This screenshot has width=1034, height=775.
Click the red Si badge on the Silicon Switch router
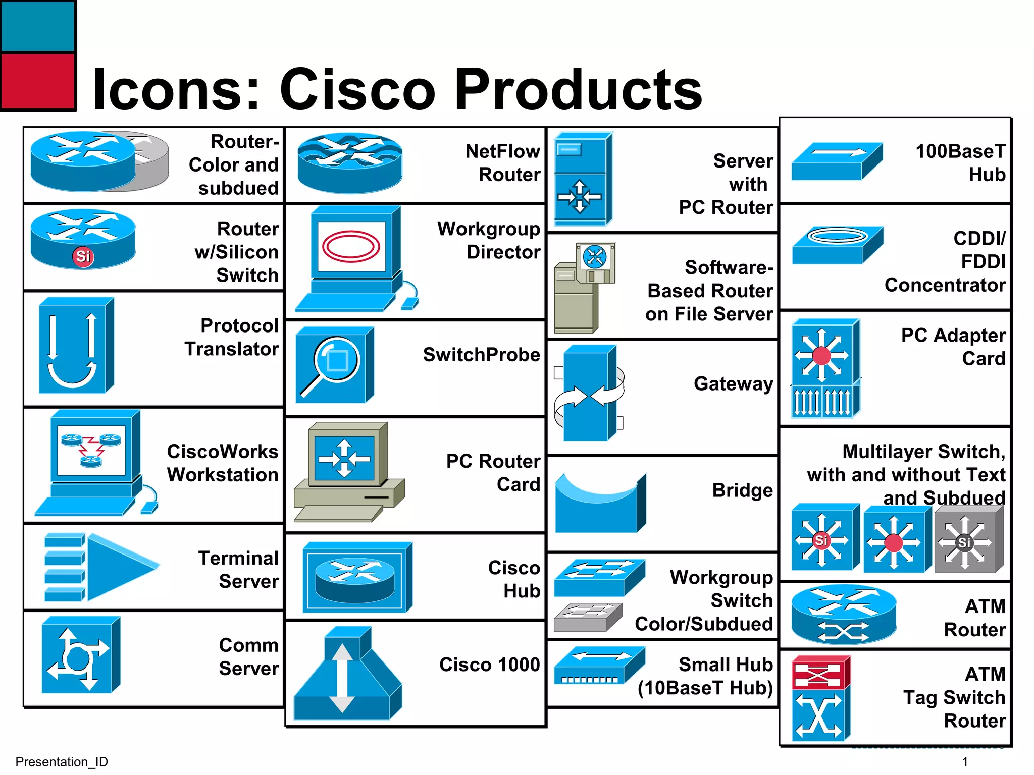click(83, 256)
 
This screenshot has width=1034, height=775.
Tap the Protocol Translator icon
click(76, 346)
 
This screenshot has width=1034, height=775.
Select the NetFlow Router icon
click(350, 162)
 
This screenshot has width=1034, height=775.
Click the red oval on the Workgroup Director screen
click(351, 246)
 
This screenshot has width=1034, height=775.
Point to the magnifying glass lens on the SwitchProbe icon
click(336, 360)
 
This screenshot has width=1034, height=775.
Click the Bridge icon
click(599, 505)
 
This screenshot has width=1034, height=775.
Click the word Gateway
click(733, 383)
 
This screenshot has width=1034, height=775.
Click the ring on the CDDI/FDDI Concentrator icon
click(838, 236)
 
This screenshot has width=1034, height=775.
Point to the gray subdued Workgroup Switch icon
click(587, 618)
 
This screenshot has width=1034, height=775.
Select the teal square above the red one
click(38, 26)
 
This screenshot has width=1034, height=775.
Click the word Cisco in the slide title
click(357, 90)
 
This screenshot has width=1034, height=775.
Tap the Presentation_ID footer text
click(62, 761)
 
